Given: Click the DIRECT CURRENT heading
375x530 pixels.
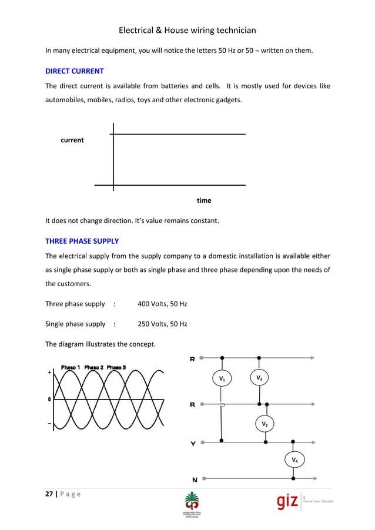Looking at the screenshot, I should point(75,71).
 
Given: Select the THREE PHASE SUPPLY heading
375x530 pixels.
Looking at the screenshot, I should point(82,241).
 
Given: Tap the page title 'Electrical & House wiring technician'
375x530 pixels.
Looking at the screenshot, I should point(187,30).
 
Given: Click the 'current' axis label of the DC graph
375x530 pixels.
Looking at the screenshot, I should point(72,140).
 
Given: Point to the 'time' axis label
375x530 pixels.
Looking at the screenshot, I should point(204,201).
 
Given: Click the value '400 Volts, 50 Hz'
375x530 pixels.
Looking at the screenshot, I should point(162,304).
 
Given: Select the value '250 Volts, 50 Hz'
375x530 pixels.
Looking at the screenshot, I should point(162,324).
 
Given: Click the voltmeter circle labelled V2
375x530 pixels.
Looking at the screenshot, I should point(265,424).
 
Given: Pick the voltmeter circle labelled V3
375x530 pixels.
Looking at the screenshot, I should point(259,377).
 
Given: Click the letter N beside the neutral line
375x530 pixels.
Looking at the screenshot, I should point(194,479).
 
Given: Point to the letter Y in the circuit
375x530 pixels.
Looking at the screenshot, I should point(193,444).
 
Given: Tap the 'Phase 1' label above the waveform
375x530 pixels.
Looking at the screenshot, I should point(71,367).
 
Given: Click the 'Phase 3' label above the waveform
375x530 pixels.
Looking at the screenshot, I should point(116,367).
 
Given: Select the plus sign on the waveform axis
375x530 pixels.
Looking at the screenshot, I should point(49,372).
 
